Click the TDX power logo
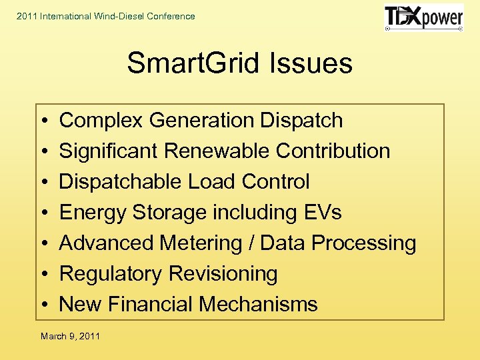click(424, 18)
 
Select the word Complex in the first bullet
click(101, 121)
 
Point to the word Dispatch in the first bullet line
click(301, 121)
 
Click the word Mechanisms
click(258, 305)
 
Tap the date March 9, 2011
click(70, 336)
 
